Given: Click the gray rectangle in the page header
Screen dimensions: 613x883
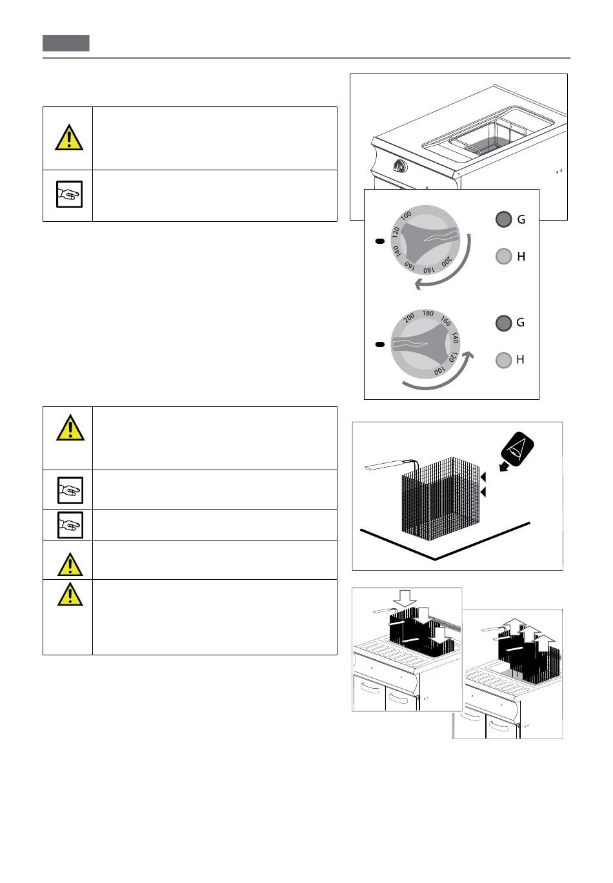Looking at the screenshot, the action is click(66, 43).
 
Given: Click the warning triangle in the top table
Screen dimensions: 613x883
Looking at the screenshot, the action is click(69, 137).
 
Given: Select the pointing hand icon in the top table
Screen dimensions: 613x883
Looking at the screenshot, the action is click(70, 194).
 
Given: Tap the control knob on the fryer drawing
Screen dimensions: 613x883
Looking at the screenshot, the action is click(400, 167).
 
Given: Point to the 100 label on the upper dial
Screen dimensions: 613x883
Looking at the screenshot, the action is click(406, 215).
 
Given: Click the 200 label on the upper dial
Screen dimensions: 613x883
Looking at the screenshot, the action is click(447, 261).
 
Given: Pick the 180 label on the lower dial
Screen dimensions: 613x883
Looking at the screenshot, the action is click(428, 313).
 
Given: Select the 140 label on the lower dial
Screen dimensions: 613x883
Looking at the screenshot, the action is click(455, 338).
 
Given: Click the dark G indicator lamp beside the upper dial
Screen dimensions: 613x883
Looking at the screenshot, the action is click(503, 219).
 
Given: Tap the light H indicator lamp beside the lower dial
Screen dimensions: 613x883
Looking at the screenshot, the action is click(503, 360).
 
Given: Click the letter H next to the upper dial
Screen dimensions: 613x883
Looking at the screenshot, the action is click(521, 257).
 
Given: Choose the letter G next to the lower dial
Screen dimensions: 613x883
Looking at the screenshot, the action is click(520, 322).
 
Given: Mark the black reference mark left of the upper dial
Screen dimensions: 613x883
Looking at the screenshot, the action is click(380, 241).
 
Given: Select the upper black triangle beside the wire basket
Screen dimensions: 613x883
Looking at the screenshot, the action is click(483, 477).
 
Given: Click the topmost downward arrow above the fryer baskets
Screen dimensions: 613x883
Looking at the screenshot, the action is click(405, 599).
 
